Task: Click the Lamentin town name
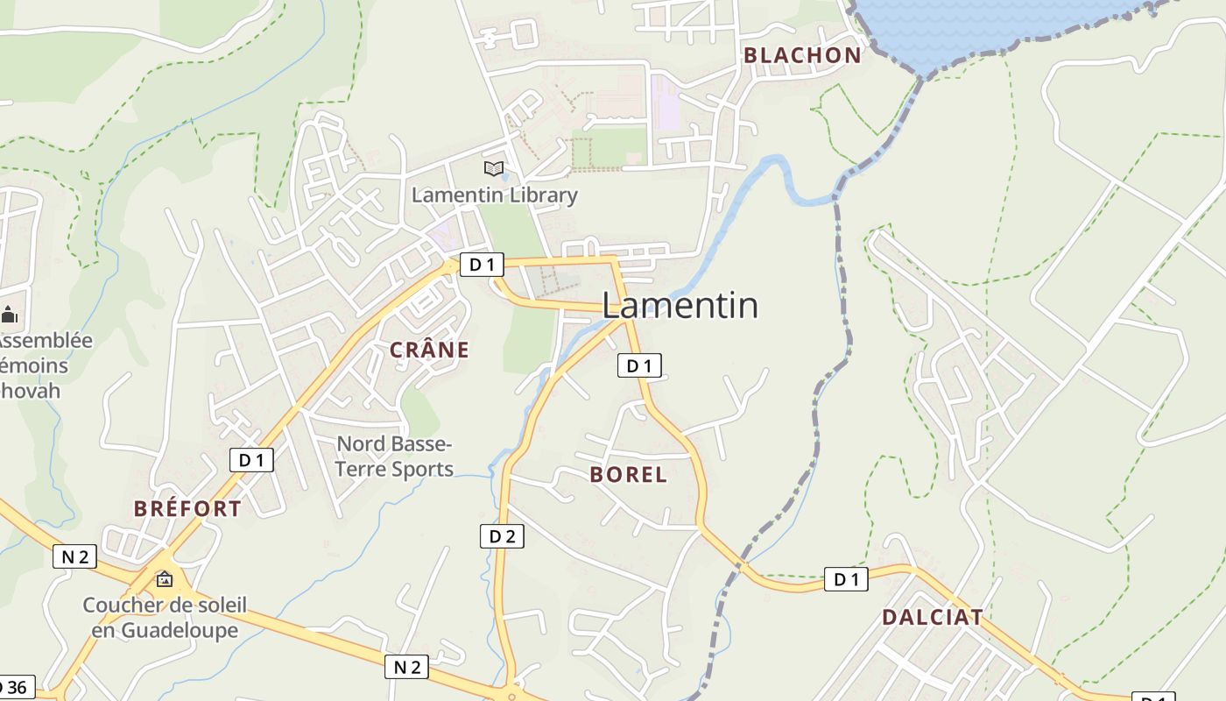pyautogui.click(x=680, y=305)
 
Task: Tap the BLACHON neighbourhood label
pyautogui.click(x=802, y=55)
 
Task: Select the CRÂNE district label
pyautogui.click(x=429, y=350)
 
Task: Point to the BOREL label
pyautogui.click(x=628, y=475)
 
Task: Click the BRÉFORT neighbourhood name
pyautogui.click(x=187, y=508)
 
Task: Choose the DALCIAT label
pyautogui.click(x=932, y=617)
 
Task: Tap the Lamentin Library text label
pyautogui.click(x=494, y=195)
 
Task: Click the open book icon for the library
pyautogui.click(x=494, y=168)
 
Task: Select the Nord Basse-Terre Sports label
pyautogui.click(x=394, y=457)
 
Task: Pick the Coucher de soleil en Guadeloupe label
pyautogui.click(x=165, y=617)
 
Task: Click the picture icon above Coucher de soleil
pyautogui.click(x=165, y=579)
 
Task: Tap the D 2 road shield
pyautogui.click(x=502, y=536)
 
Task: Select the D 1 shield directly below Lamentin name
pyautogui.click(x=639, y=365)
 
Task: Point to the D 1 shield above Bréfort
pyautogui.click(x=251, y=459)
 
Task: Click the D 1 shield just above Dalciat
pyautogui.click(x=846, y=579)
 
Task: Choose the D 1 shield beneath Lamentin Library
pyautogui.click(x=482, y=265)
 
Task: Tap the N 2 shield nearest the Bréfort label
pyautogui.click(x=74, y=556)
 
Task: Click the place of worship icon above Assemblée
pyautogui.click(x=10, y=314)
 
